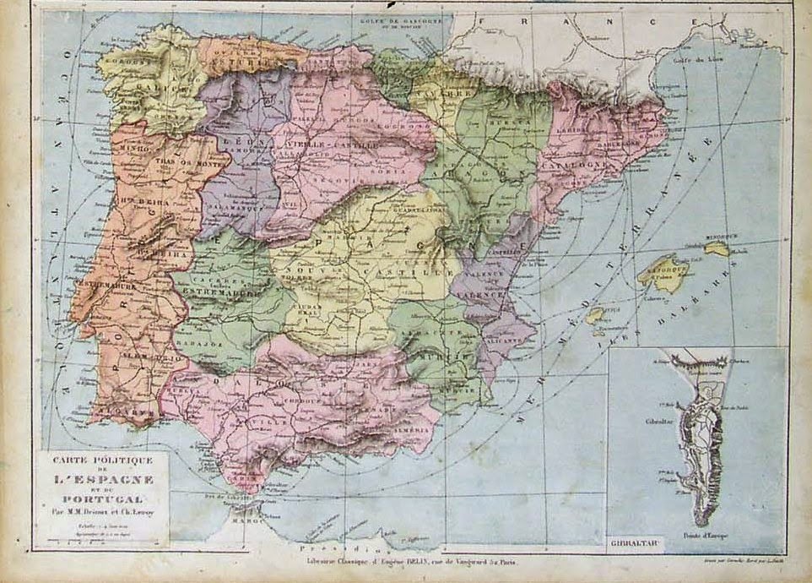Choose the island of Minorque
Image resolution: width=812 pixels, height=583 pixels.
coord(716,248)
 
